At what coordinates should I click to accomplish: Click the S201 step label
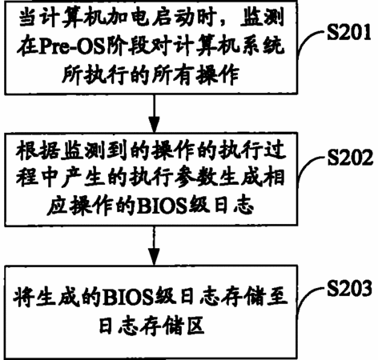coord(349,32)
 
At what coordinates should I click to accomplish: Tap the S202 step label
coord(350,158)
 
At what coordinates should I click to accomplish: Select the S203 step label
coord(349,288)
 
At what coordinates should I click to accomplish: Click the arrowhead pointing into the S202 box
coord(154,125)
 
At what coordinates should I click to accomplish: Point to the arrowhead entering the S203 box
coord(154,257)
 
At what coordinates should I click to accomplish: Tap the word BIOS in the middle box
coord(162,206)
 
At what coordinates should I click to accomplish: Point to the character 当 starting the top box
coord(28,18)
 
